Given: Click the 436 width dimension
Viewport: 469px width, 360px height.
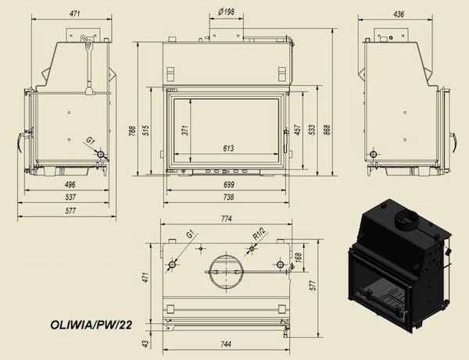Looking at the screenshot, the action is (399, 14).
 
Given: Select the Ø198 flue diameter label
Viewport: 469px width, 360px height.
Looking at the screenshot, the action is (226, 12).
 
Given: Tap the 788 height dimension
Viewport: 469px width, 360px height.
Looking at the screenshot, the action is (132, 130).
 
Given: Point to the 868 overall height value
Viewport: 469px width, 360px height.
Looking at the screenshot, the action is (328, 130).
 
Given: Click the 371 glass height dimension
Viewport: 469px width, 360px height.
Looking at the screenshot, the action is (185, 130).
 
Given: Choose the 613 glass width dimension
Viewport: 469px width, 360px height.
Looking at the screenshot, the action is (228, 148).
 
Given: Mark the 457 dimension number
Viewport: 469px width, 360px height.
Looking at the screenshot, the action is (297, 130).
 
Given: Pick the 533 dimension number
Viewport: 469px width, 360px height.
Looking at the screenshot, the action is (312, 130).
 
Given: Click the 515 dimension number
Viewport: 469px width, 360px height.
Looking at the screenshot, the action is (146, 130).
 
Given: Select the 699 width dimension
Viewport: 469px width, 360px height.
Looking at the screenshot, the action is (228, 184).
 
